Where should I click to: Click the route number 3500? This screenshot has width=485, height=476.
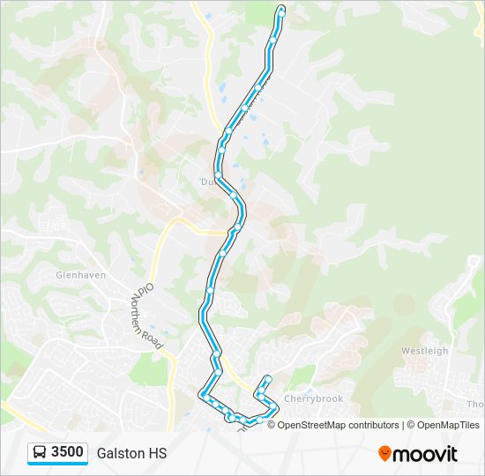pyautogui.click(x=67, y=452)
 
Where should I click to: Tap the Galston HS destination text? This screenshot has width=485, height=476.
pyautogui.click(x=131, y=453)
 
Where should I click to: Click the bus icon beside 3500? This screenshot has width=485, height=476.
pyautogui.click(x=41, y=452)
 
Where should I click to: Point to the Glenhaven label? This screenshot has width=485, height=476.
pyautogui.click(x=80, y=275)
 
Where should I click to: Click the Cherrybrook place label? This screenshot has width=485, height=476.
pyautogui.click(x=313, y=399)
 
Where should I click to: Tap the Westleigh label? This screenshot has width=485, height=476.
pyautogui.click(x=424, y=351)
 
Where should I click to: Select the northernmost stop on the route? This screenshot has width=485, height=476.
pyautogui.click(x=281, y=10)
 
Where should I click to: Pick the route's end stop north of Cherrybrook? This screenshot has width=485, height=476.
pyautogui.click(x=266, y=379)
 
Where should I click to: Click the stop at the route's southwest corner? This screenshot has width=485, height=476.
pyautogui.click(x=203, y=393)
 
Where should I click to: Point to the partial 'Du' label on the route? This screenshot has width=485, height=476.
pyautogui.click(x=207, y=182)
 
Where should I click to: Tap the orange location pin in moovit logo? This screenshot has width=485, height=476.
pyautogui.click(x=384, y=454)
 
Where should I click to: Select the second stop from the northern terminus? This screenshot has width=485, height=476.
pyautogui.click(x=273, y=41)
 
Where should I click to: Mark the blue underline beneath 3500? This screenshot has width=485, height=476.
pyautogui.click(x=58, y=464)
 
